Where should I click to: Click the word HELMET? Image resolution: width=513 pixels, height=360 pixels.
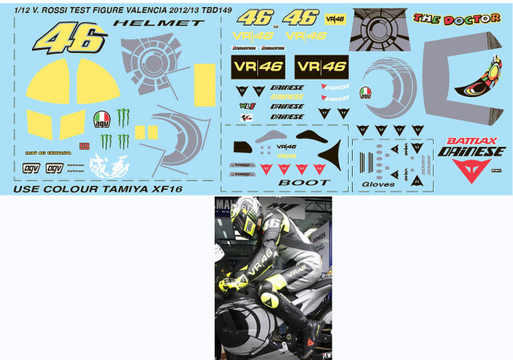[159, 23]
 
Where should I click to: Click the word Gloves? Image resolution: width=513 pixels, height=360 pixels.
[378, 184]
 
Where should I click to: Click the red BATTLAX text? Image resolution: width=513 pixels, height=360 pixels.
[469, 140]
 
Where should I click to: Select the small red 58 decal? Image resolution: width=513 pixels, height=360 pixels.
[84, 145]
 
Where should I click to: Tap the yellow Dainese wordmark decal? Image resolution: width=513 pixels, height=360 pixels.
[287, 96]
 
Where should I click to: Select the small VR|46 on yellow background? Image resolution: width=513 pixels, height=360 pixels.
[333, 17]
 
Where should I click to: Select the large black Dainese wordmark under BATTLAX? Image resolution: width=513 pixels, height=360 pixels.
[471, 151]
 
